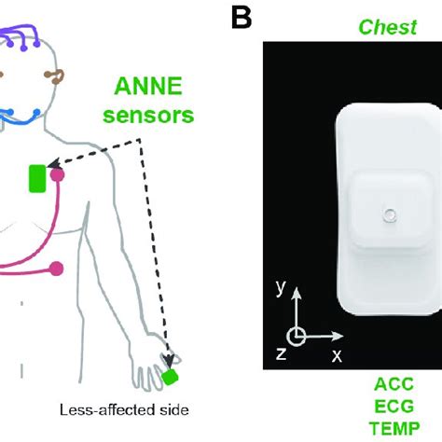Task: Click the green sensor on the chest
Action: (x=37, y=178)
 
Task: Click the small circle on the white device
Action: (x=389, y=218)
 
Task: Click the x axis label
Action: (x=337, y=355)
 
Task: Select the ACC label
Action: (x=392, y=384)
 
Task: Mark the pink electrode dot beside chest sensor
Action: (x=58, y=173)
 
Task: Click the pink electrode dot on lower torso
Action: (x=56, y=269)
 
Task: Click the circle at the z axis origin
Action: (x=295, y=336)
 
